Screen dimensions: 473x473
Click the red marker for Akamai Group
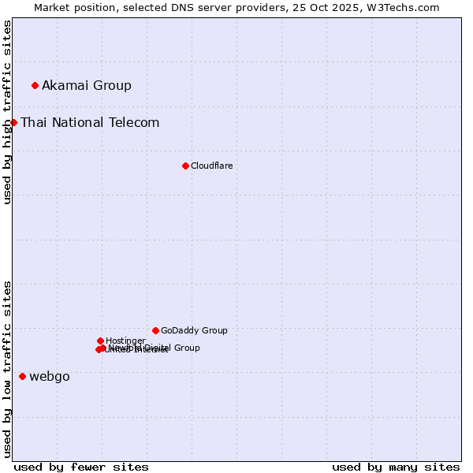[35, 85]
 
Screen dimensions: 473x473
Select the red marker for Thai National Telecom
[13, 122]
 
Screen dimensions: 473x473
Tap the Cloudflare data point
[185, 166]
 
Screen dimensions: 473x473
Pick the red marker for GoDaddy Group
[155, 330]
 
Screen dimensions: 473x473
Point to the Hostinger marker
[100, 341]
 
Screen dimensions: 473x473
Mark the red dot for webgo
[22, 377]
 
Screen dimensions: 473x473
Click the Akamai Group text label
[87, 85]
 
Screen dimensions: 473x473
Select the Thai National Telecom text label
[90, 122]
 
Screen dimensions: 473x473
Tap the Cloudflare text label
[212, 166]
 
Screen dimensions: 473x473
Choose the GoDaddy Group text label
[194, 330]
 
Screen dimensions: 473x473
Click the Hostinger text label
[125, 341]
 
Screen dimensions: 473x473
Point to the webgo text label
[50, 377]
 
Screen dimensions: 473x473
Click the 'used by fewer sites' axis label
[81, 467]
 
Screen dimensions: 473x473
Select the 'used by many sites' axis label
[396, 467]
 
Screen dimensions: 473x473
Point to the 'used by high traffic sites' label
[7, 112]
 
